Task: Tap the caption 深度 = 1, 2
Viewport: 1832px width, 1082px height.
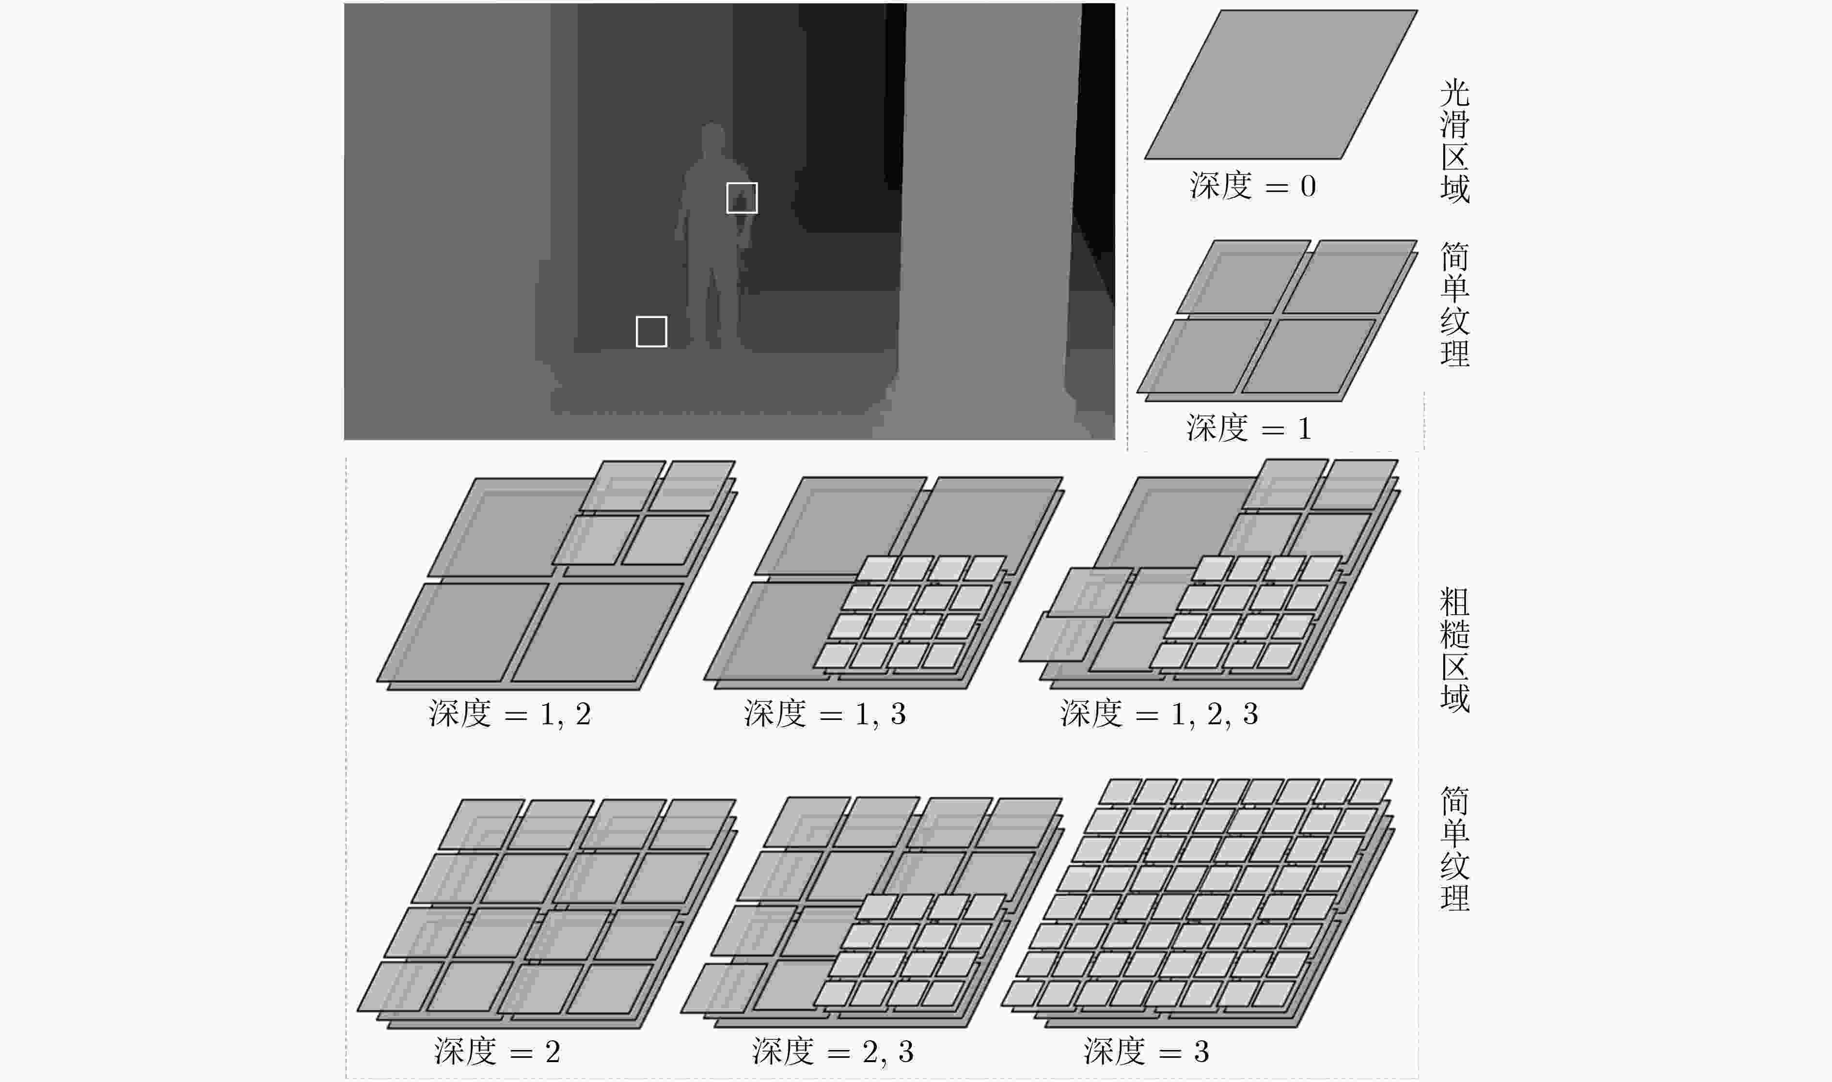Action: (x=509, y=714)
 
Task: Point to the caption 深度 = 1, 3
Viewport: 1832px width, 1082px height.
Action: (x=825, y=714)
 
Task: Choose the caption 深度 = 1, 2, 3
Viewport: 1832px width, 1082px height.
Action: (x=1159, y=714)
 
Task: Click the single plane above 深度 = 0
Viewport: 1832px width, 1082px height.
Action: (x=1280, y=84)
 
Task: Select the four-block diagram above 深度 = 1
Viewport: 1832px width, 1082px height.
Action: (x=1277, y=321)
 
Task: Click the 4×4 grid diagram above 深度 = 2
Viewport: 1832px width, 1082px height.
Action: (x=547, y=914)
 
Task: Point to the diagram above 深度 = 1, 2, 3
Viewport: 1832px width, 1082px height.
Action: (x=1208, y=574)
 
